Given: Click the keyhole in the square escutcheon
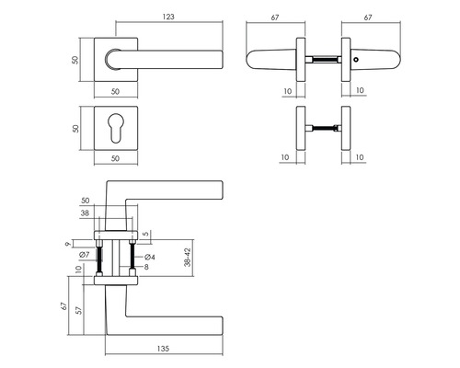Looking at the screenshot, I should (x=115, y=131).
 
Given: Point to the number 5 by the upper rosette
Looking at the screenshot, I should (x=145, y=234).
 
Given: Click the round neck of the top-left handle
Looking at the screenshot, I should (x=112, y=59).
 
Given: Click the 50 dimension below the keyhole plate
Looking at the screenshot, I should (x=115, y=159).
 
